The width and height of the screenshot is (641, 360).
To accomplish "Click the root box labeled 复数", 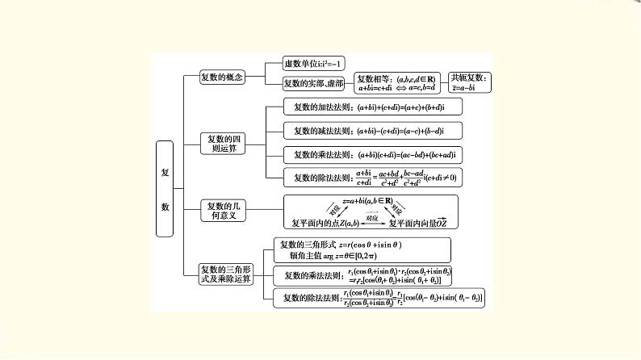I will click(165, 189).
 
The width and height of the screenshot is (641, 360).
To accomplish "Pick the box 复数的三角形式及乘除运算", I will click(226, 274).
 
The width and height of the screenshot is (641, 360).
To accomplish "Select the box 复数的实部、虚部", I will click(314, 83).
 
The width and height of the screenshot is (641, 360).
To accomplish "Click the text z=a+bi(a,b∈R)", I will click(367, 200).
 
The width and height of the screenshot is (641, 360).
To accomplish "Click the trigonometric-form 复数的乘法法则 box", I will click(363, 275).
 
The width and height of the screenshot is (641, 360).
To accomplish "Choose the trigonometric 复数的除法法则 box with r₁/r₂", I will click(379, 298).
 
